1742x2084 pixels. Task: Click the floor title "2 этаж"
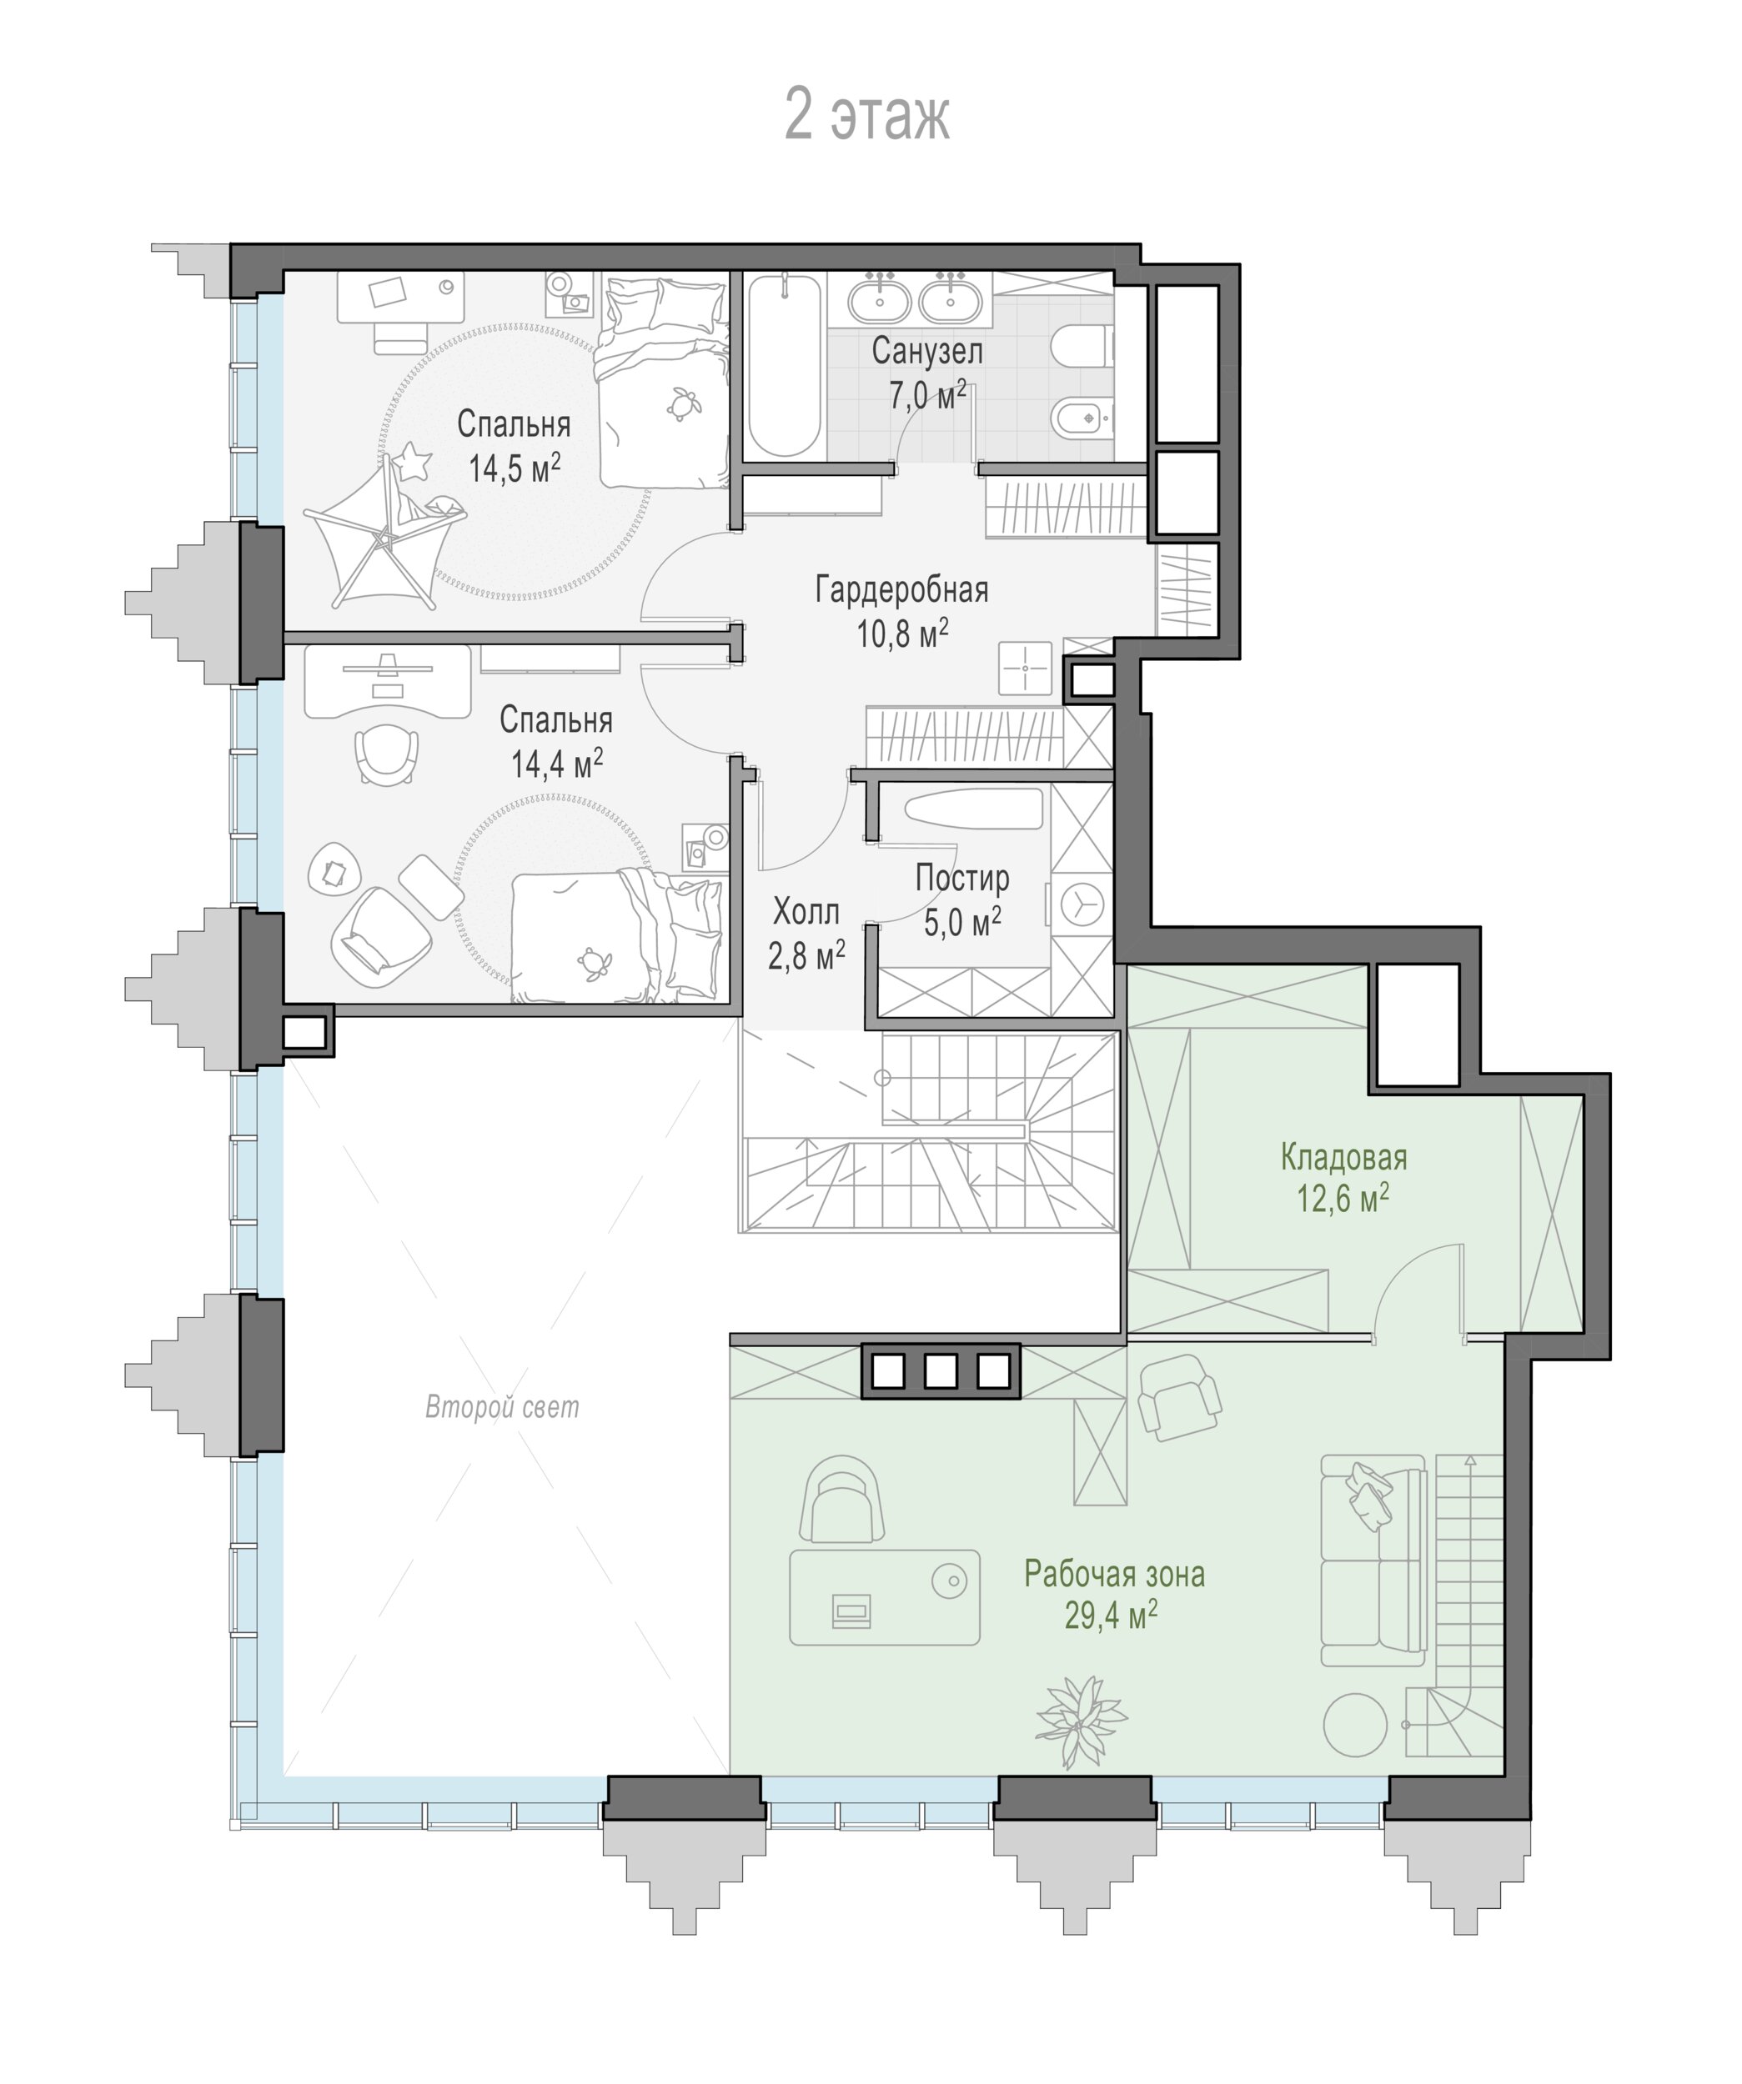click(866, 115)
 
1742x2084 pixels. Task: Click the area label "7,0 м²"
click(927, 394)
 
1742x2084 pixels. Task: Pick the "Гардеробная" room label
click(901, 589)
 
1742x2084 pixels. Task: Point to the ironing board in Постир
click(974, 808)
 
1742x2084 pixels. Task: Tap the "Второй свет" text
click(502, 1407)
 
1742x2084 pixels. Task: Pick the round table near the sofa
click(1355, 1725)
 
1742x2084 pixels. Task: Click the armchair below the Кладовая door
click(1179, 1396)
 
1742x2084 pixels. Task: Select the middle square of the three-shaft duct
click(940, 1371)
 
